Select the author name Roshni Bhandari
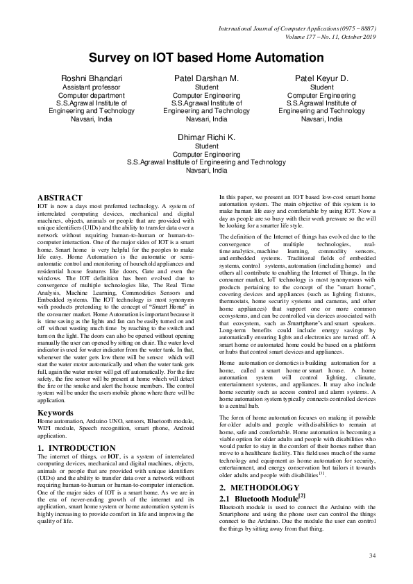92,78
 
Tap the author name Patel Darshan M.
206,78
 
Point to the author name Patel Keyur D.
322,78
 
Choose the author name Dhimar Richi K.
206,137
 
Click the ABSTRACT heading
60,198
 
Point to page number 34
372,556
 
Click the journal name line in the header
297,28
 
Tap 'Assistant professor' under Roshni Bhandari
92,88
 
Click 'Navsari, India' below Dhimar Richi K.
206,170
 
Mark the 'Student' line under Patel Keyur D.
322,88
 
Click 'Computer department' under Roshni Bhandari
92,96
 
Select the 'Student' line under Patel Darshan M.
206,88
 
